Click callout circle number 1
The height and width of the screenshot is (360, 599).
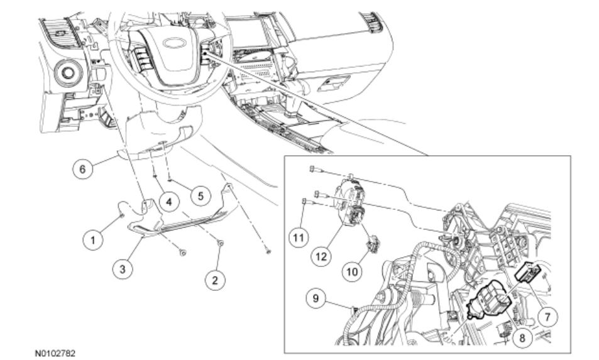click(x=93, y=239)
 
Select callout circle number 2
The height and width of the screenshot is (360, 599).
click(x=215, y=280)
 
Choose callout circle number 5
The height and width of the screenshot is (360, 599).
click(x=199, y=195)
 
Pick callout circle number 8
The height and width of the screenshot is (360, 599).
click(x=522, y=337)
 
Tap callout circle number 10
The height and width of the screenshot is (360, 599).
click(x=351, y=271)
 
